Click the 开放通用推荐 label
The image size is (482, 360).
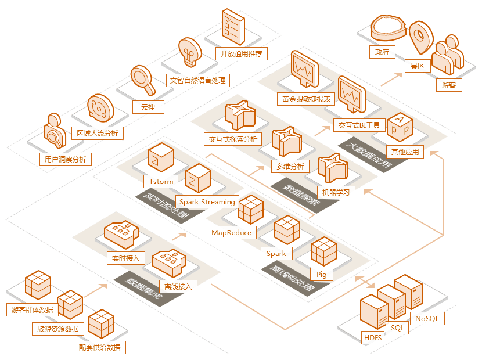click(242, 54)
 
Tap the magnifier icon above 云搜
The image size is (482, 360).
click(142, 80)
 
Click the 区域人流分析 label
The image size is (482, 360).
click(97, 133)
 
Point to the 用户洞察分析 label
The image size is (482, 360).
click(65, 159)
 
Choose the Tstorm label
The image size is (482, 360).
click(161, 181)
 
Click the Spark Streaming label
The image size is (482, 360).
click(207, 201)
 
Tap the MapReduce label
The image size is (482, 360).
click(231, 232)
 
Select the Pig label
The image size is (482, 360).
click(321, 273)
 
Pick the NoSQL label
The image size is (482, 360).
click(427, 318)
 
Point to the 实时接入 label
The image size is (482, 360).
click(125, 258)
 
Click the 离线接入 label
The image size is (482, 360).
click(178, 286)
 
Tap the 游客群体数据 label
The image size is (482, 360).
click(33, 309)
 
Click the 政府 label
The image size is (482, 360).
click(382, 52)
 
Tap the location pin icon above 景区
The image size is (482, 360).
click(419, 38)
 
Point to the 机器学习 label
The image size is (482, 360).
click(336, 192)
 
